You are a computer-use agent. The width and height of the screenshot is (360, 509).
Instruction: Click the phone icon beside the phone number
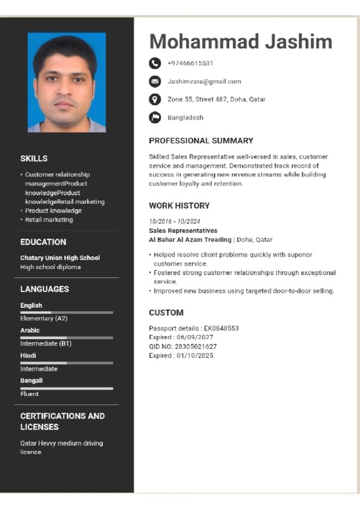155,63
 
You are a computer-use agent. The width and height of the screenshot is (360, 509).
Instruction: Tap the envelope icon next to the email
155,82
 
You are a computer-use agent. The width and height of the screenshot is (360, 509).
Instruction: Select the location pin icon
155,99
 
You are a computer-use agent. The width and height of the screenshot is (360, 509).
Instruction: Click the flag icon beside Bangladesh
155,118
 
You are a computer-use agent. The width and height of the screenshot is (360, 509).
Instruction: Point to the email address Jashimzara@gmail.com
204,82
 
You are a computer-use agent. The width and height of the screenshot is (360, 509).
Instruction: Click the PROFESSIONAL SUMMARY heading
201,141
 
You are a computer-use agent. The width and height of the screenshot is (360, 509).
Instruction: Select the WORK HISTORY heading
179,206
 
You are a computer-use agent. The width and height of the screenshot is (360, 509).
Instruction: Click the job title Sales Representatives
183,231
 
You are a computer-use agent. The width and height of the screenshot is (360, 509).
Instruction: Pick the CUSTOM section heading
166,313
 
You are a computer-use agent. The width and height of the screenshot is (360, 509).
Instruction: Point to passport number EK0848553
221,329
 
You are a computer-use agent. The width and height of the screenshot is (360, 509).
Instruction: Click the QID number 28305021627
197,346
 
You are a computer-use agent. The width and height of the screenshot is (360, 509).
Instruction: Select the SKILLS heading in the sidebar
34,159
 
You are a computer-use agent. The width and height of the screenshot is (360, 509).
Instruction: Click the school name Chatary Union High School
60,258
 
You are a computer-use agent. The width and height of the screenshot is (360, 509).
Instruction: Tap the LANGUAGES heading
44,289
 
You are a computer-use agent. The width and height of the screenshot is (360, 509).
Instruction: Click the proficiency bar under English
66,312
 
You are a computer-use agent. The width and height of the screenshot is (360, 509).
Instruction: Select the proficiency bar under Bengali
66,388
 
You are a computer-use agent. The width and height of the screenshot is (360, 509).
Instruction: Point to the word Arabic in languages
30,331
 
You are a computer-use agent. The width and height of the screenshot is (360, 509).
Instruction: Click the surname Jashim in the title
298,41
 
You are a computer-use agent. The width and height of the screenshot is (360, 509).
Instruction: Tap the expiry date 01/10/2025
195,355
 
